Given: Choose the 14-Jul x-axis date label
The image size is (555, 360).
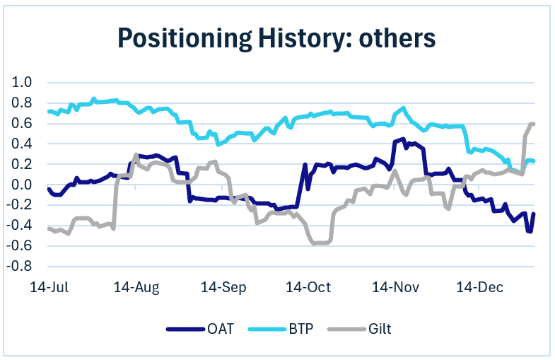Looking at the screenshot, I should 48,288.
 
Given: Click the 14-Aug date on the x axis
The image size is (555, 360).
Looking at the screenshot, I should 136,288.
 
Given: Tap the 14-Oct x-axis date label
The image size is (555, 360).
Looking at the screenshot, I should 308,288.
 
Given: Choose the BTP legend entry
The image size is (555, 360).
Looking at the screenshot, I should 296,329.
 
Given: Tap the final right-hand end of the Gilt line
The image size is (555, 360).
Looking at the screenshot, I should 533,124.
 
